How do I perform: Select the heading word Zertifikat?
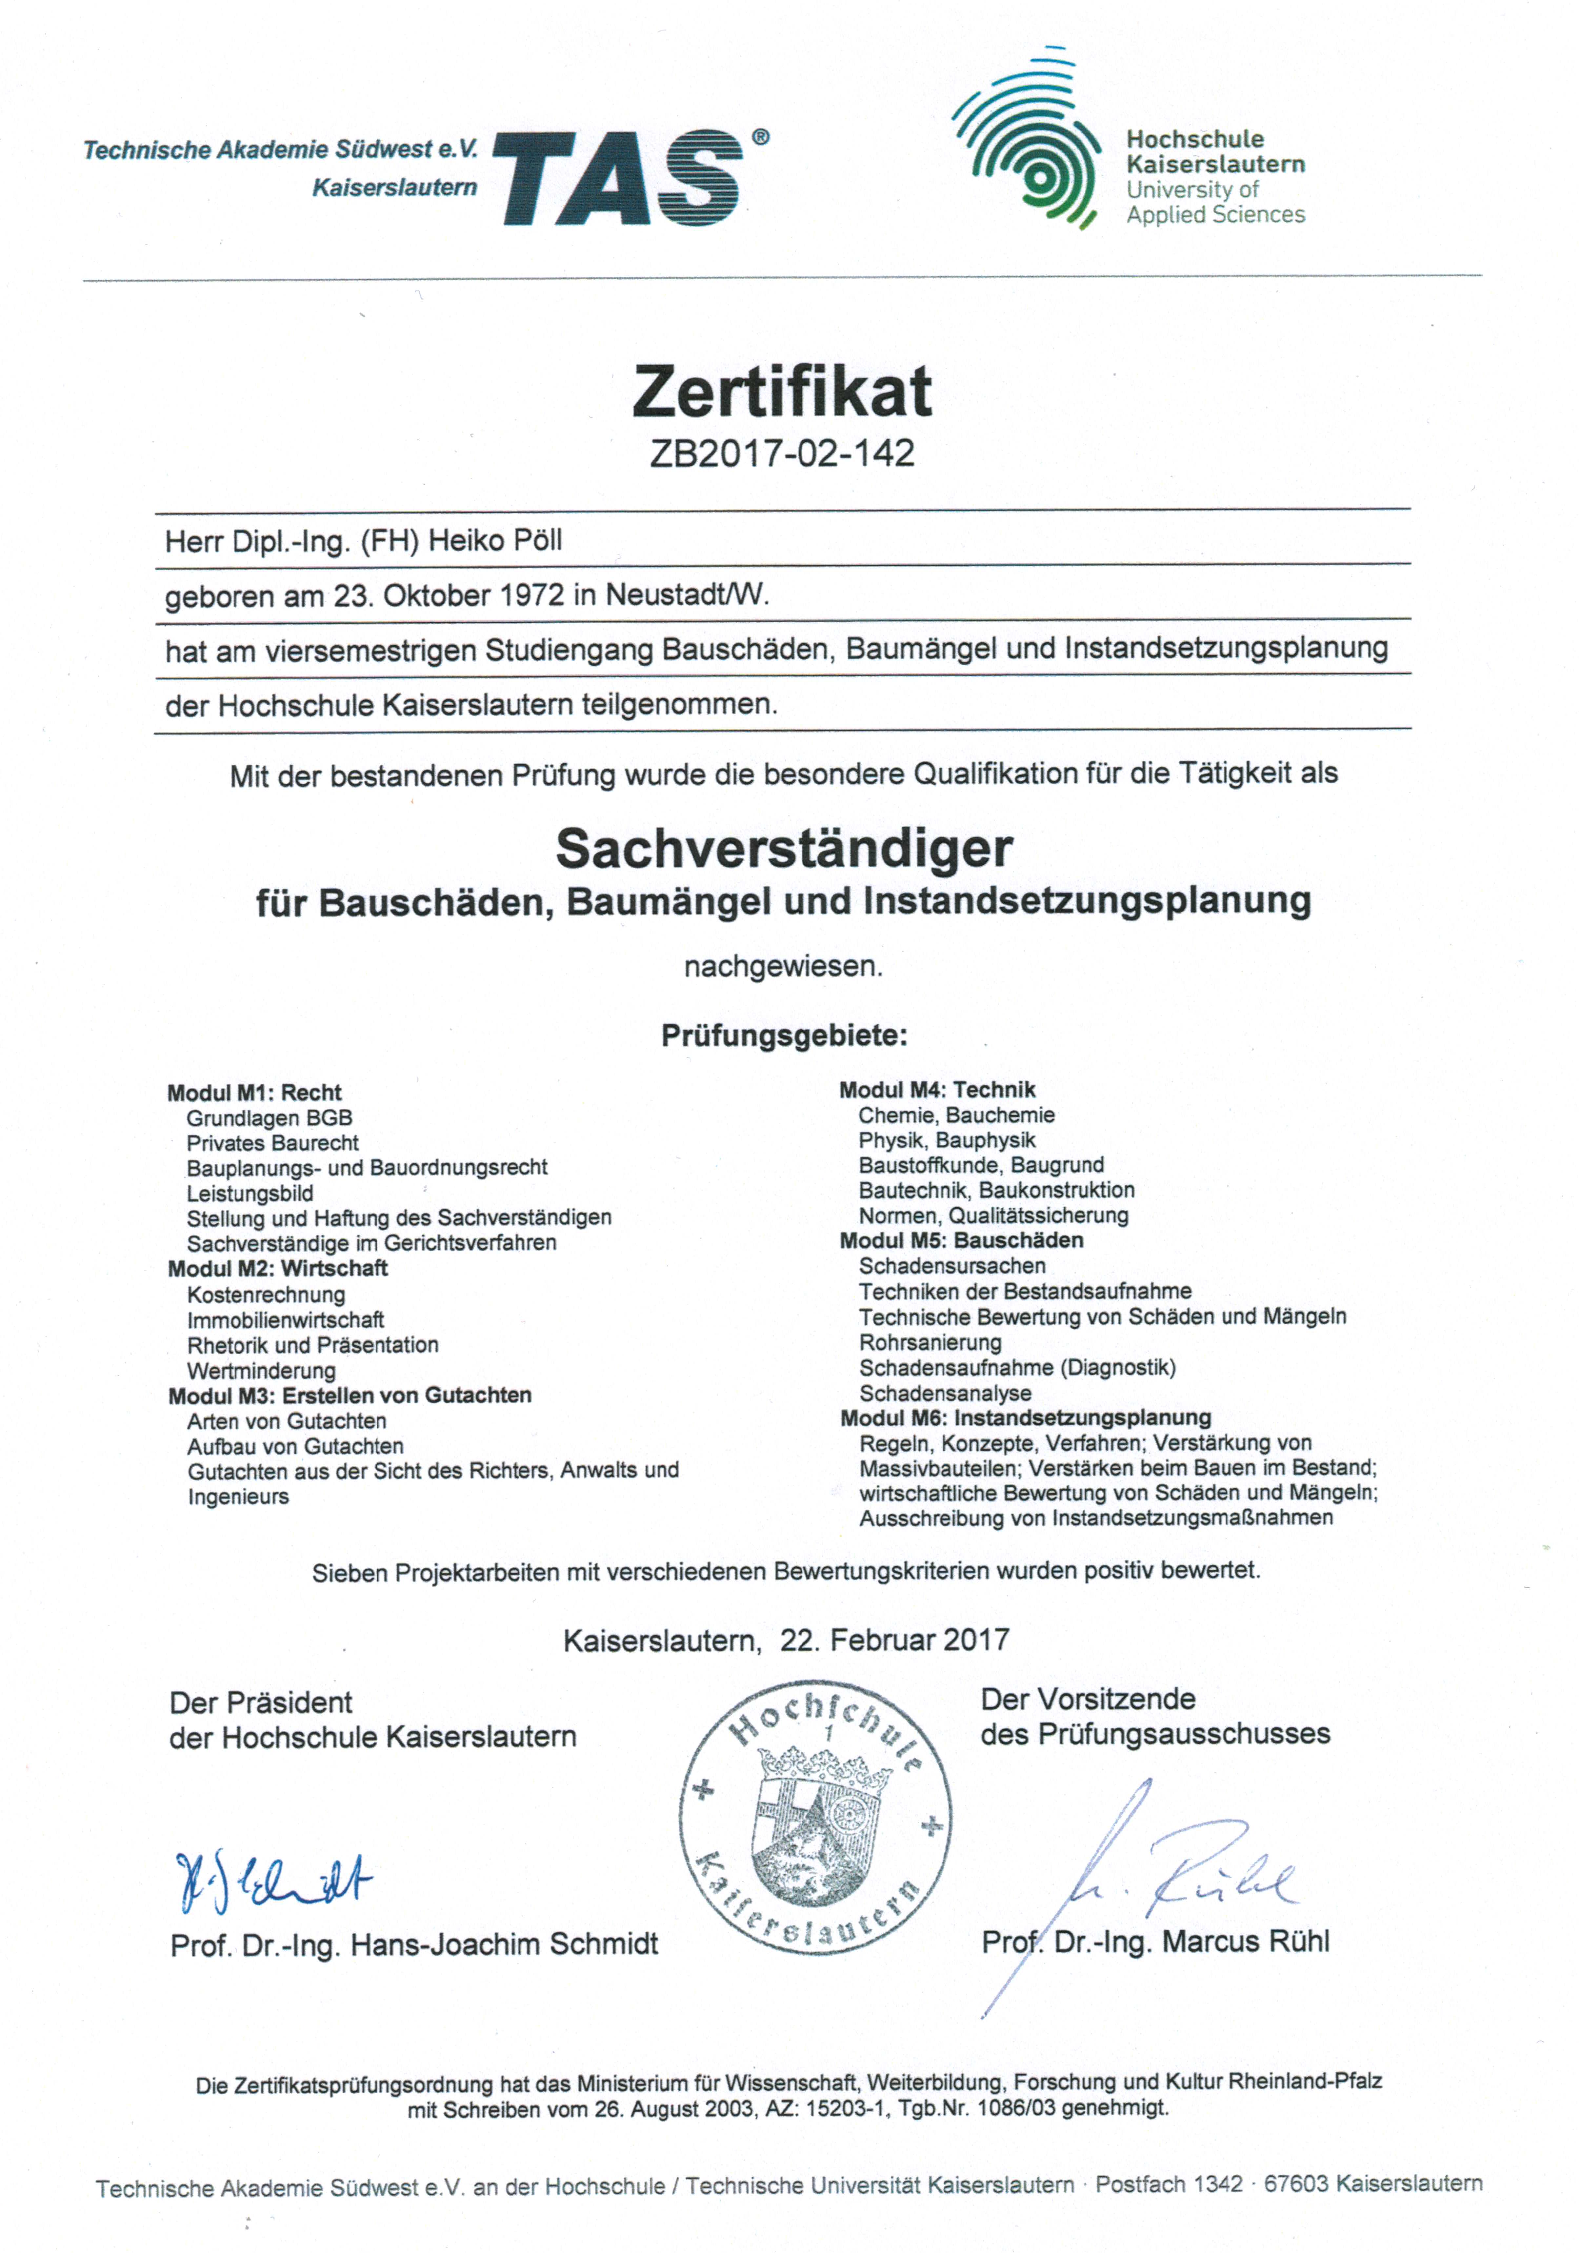pos(782,391)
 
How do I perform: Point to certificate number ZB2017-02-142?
pos(782,453)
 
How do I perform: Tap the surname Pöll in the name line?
pos(534,541)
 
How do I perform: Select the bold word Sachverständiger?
pos(784,849)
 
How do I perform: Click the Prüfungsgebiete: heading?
pos(784,1035)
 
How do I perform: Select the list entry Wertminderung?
pos(261,1371)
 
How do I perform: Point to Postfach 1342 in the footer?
pos(1168,2184)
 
